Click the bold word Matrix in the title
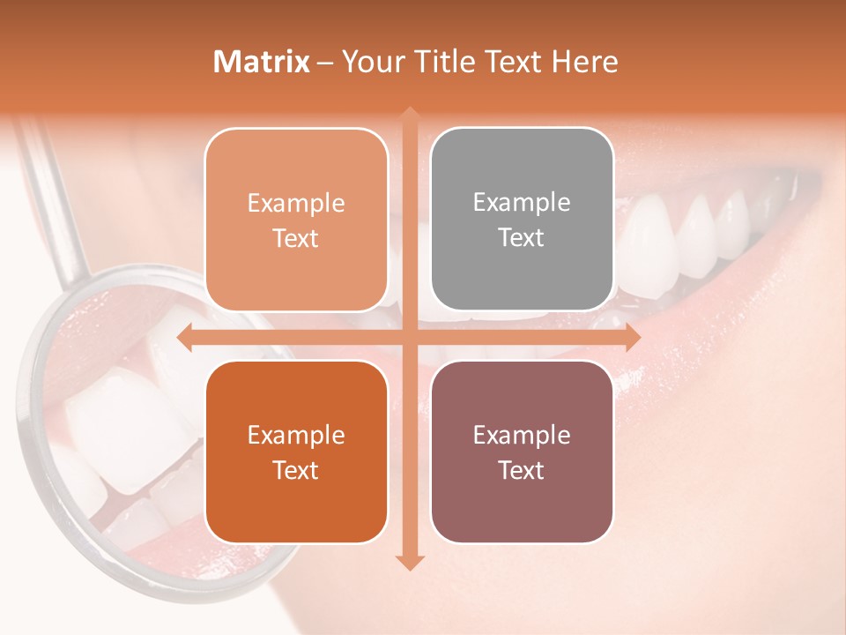tap(262, 62)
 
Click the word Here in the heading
tap(584, 62)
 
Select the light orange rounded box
tap(296, 220)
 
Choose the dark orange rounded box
tap(296, 452)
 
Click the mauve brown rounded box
tap(522, 452)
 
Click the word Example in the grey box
tap(522, 202)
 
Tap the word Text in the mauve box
tap(522, 470)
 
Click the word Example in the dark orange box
tap(296, 435)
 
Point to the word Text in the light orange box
tap(296, 238)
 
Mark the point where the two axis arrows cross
tap(409, 338)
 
